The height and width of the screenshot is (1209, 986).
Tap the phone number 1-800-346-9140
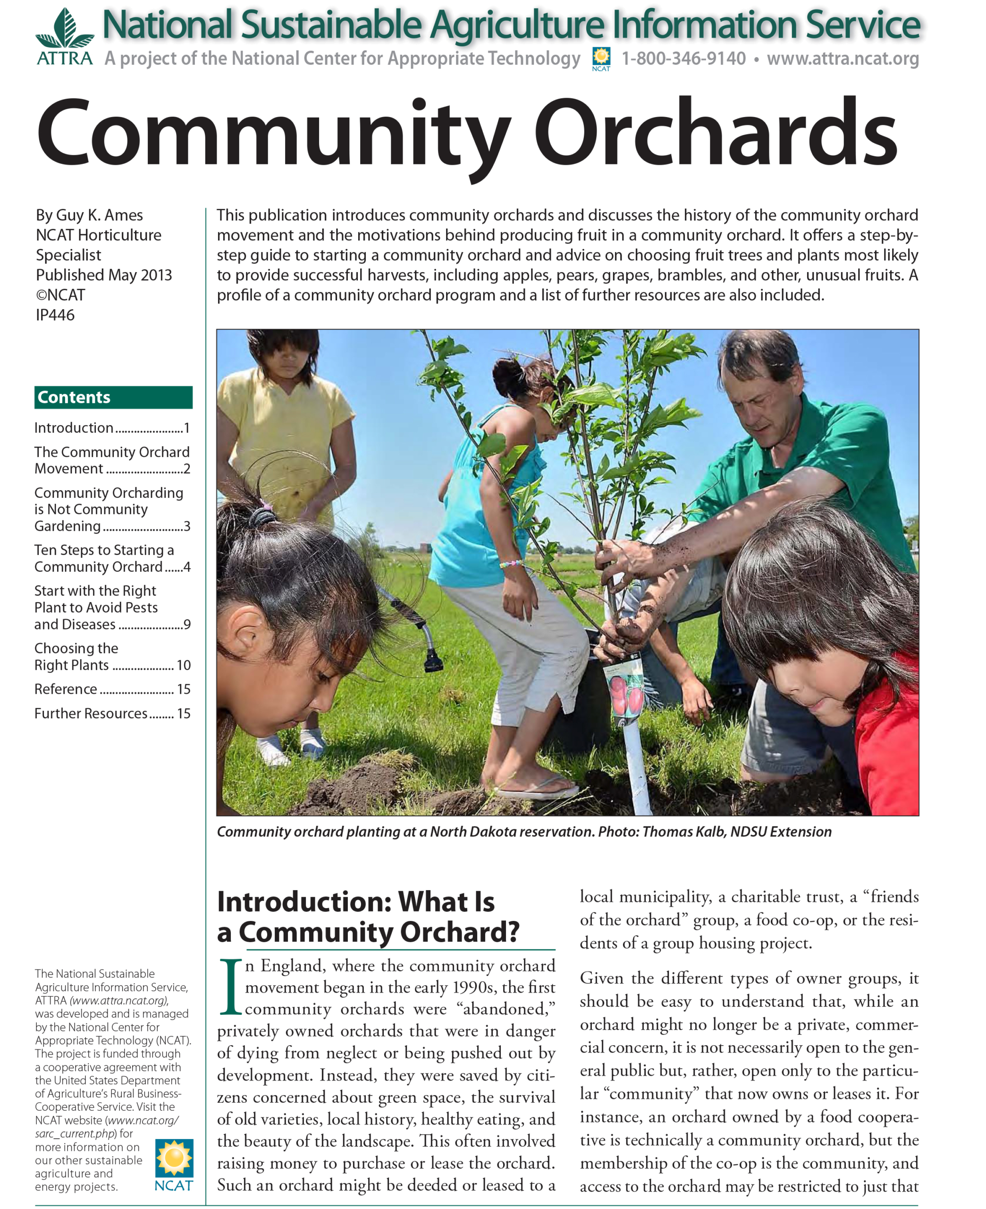tap(683, 59)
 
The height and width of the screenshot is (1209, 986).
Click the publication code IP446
tap(55, 315)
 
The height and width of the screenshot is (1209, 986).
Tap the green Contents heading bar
tap(113, 397)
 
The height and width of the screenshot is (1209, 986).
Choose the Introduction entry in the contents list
tap(74, 428)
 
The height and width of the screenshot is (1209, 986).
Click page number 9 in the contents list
tap(187, 624)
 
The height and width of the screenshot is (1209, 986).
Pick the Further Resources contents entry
tap(91, 714)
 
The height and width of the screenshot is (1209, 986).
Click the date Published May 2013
tap(104, 275)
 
